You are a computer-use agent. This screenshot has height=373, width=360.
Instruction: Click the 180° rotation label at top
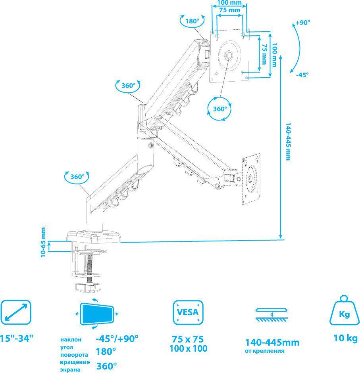pyautogui.click(x=192, y=21)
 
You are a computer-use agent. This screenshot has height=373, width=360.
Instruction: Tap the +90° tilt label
pyautogui.click(x=302, y=22)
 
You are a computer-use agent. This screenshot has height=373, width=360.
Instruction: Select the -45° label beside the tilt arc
pyautogui.click(x=302, y=75)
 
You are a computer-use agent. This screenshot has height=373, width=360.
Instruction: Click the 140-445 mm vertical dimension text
pyautogui.click(x=288, y=142)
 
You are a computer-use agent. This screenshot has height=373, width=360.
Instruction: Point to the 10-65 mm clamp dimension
pyautogui.click(x=43, y=242)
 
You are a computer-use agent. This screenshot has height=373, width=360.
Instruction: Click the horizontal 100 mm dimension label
pyautogui.click(x=229, y=3)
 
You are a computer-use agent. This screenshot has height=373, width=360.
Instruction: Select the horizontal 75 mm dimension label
pyautogui.click(x=229, y=10)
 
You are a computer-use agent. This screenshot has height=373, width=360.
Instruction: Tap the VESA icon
pyautogui.click(x=188, y=312)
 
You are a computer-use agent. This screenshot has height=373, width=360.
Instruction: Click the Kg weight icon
pyautogui.click(x=344, y=310)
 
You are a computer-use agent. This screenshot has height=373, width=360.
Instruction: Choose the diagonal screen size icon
pyautogui.click(x=16, y=312)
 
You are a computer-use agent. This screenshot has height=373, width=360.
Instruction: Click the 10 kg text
pyautogui.click(x=345, y=338)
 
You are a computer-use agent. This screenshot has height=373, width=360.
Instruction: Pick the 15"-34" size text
pyautogui.click(x=16, y=338)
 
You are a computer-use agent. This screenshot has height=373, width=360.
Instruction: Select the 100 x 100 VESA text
pyautogui.click(x=188, y=348)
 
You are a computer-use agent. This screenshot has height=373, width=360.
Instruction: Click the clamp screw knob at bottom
pyautogui.click(x=89, y=287)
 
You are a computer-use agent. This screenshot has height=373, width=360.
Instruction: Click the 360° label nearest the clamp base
pyautogui.click(x=77, y=177)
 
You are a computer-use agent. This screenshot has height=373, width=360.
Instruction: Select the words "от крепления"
pyautogui.click(x=264, y=351)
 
